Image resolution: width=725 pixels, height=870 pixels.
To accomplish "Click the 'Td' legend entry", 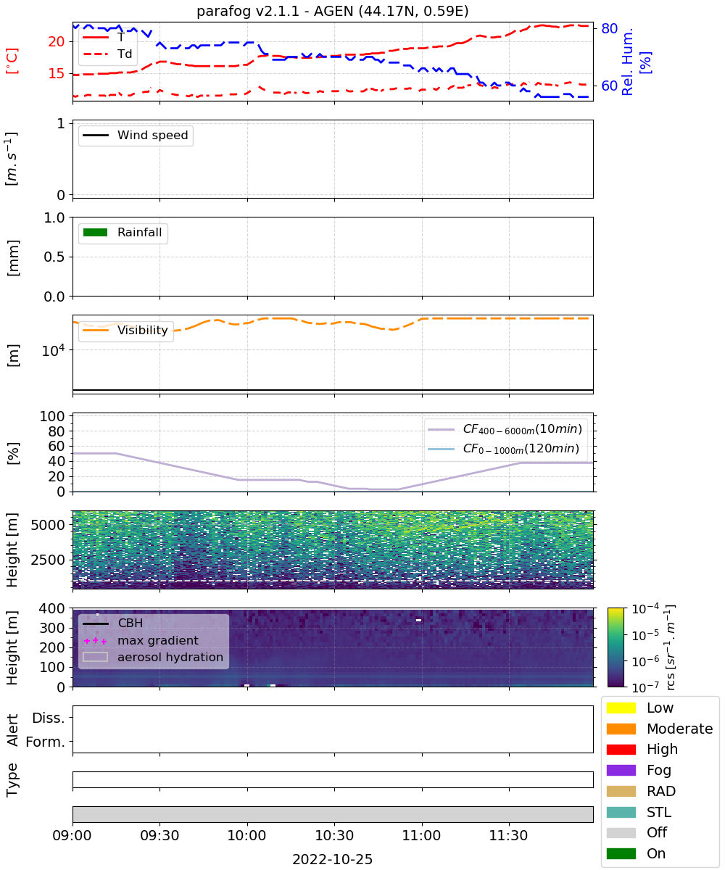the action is coord(107,54).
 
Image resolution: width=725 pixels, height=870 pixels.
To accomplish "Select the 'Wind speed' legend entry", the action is coord(136,135).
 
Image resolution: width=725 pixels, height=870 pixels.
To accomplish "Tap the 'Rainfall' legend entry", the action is coord(123,232).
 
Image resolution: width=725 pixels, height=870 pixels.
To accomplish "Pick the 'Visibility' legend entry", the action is coord(125,330).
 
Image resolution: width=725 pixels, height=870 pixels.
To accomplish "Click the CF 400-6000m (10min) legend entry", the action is coord(505,429).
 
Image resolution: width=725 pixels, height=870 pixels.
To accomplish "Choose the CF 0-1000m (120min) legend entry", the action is coord(503,449).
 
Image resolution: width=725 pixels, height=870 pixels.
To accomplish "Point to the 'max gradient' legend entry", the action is coord(141,640).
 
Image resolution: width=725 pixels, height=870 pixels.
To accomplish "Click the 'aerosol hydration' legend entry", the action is coord(153,657).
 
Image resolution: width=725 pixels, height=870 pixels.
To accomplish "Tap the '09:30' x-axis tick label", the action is coord(159,835).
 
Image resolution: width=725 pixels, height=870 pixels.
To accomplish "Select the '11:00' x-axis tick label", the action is coord(422,835).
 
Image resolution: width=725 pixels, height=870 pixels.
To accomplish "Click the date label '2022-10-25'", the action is coord(332,858).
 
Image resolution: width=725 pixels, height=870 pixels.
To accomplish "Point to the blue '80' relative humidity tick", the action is coord(609,28).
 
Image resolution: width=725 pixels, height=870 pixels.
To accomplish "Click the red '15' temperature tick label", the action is coord(57,73).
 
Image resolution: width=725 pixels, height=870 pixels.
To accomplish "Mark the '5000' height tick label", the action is coord(48,525).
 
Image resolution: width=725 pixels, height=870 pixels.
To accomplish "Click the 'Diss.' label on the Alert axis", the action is coord(49,718).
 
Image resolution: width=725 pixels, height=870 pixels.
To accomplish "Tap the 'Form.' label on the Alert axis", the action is coord(46,742).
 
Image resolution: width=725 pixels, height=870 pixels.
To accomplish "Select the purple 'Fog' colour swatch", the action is coord(621,770).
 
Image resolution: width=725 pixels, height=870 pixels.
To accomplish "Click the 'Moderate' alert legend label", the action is coord(679,729).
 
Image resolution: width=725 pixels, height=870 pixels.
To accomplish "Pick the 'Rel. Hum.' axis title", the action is coord(627,62).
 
